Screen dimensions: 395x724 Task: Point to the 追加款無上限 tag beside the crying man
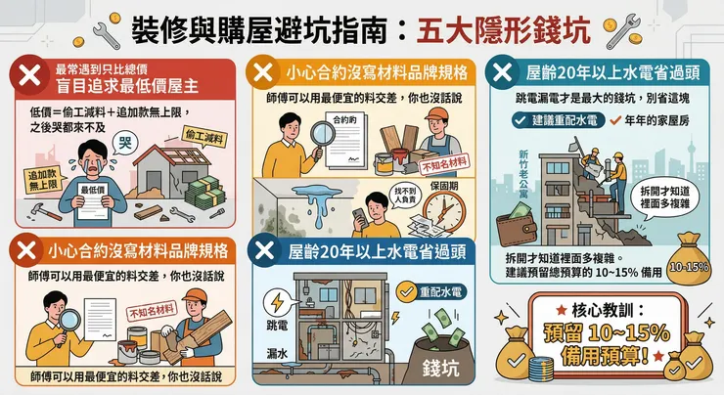tap(35, 178)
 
